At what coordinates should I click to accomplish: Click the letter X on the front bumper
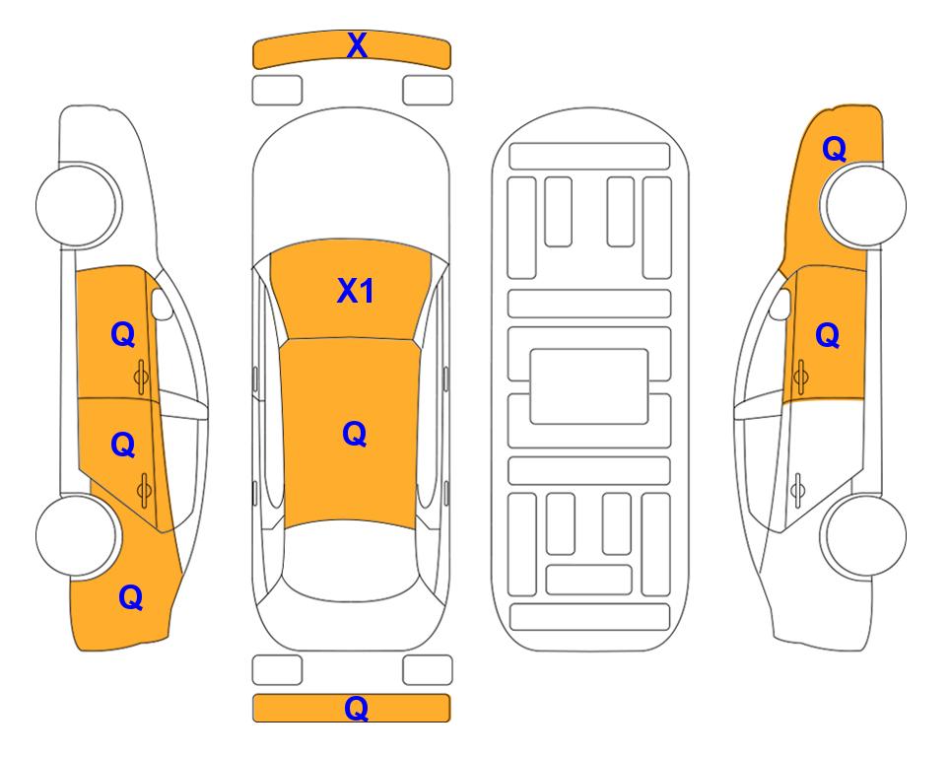[357, 45]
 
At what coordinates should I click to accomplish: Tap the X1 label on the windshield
[356, 292]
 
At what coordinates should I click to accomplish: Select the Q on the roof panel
[355, 435]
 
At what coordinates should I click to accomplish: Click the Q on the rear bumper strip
[356, 708]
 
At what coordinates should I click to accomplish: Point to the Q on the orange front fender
[834, 149]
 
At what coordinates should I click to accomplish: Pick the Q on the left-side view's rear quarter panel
[131, 598]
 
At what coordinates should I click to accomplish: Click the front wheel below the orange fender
[863, 205]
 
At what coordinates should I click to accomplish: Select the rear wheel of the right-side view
[863, 535]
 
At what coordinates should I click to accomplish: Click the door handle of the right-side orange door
[800, 377]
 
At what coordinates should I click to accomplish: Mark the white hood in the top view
[351, 181]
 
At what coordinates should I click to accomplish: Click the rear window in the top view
[351, 560]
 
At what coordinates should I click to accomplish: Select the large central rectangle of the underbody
[589, 386]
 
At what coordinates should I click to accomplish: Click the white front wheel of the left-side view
[78, 205]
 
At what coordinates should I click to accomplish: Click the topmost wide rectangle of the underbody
[589, 157]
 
